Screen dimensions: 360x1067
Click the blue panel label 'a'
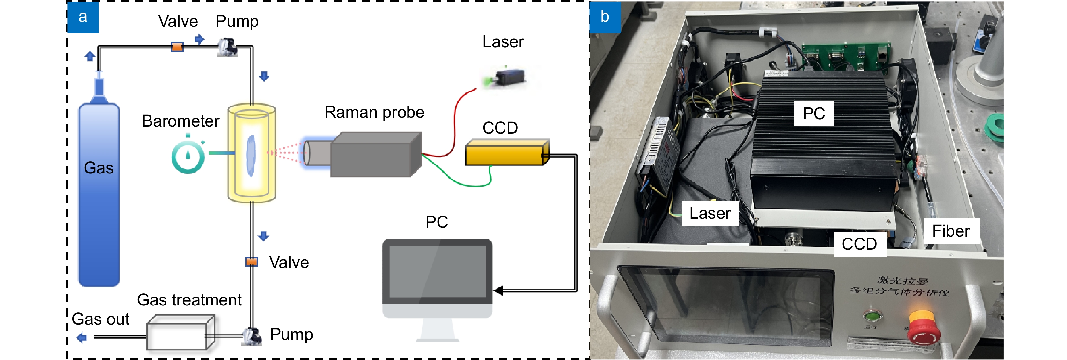[83, 17]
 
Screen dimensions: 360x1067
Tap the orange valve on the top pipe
[177, 47]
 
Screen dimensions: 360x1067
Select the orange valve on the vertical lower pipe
[251, 262]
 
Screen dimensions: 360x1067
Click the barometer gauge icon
[188, 157]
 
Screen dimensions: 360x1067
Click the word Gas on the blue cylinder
[99, 168]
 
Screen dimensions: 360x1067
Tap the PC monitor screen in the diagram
[437, 271]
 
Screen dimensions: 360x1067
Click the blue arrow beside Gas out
[82, 338]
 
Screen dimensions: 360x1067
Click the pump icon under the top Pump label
[227, 47]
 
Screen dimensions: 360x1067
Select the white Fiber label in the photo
[951, 231]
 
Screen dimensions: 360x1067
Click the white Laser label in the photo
[710, 213]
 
